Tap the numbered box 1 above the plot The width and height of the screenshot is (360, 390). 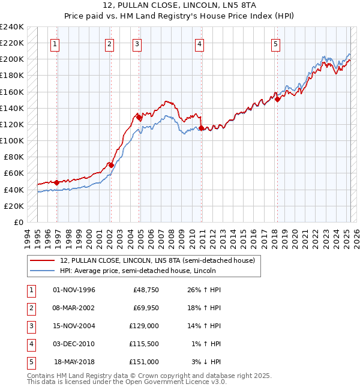[x=55, y=43]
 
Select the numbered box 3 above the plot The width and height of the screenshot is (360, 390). [x=137, y=43]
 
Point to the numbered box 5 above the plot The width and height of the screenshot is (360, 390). [x=275, y=43]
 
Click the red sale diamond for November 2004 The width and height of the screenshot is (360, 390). [x=139, y=118]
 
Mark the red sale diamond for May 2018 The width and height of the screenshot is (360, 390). [x=278, y=100]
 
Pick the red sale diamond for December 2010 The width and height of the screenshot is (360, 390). [x=202, y=128]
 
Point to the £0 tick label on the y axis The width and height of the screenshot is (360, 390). [x=17, y=222]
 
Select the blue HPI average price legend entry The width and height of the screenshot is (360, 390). [x=137, y=271]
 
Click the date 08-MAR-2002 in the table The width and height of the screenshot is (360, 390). [x=74, y=308]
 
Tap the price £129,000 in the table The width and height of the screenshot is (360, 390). [x=145, y=326]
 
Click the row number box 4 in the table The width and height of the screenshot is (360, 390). [x=31, y=344]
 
